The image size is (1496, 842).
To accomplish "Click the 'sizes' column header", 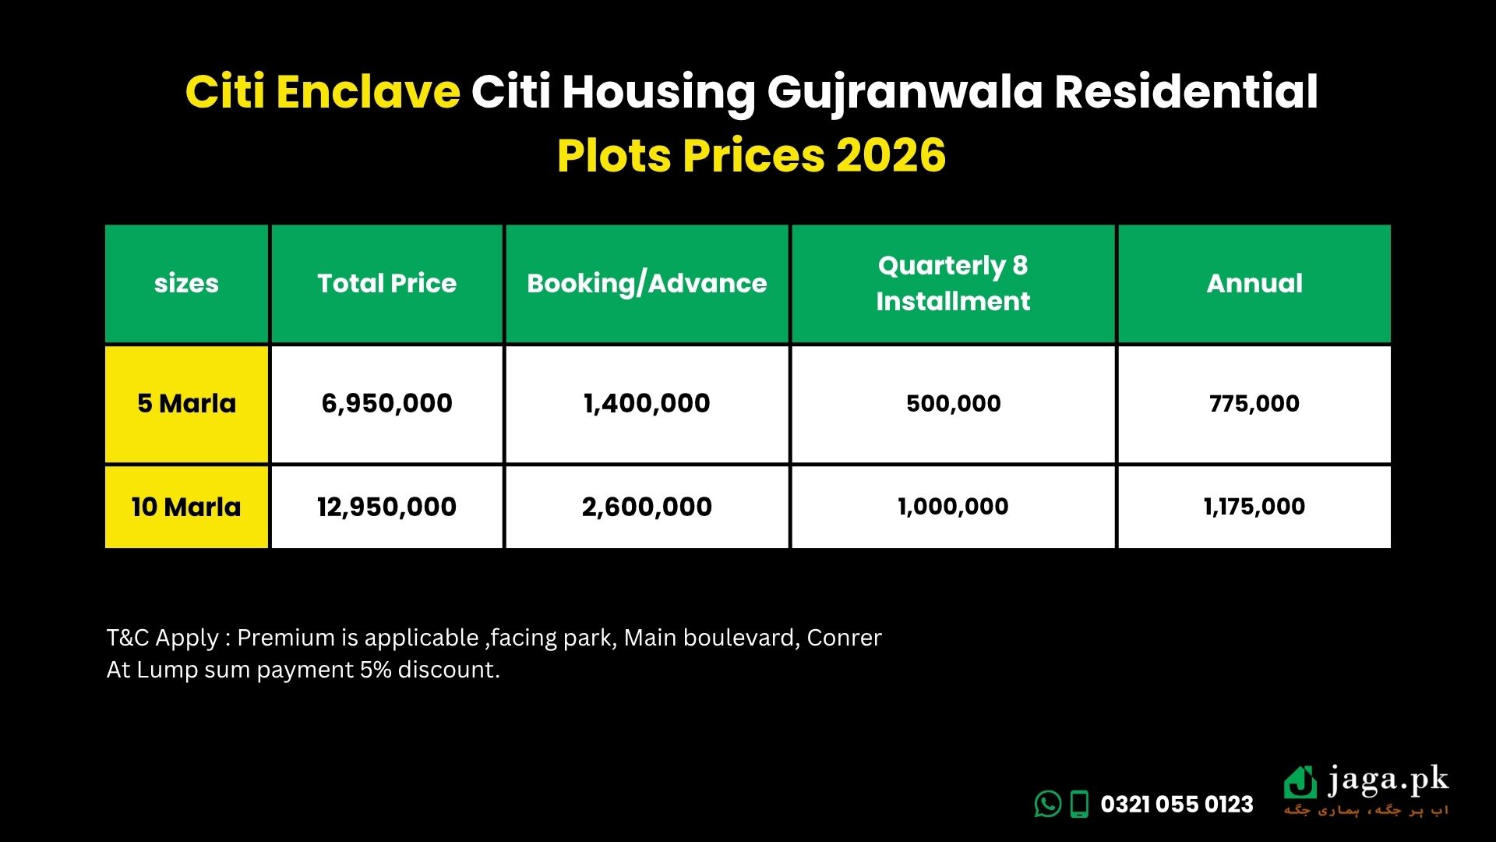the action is [x=186, y=283].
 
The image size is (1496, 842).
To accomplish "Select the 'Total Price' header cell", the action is [x=386, y=283].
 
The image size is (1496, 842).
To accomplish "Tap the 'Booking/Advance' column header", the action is [x=647, y=284].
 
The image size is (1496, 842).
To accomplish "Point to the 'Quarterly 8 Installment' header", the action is [x=953, y=283].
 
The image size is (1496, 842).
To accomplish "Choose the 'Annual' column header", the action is [x=1254, y=283].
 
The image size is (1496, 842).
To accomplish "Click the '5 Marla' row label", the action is [x=186, y=403].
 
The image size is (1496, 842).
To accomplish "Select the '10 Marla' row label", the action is [x=186, y=507].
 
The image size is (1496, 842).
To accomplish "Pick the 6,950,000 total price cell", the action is [x=386, y=403].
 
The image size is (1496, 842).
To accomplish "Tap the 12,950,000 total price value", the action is [x=386, y=507].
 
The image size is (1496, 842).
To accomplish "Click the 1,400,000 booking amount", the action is [x=647, y=403].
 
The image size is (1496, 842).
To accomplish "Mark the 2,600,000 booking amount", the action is [x=647, y=507].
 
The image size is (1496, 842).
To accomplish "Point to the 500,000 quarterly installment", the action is [x=953, y=403].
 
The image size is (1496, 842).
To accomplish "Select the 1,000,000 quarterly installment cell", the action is [x=953, y=507].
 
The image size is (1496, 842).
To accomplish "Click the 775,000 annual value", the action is [x=1254, y=403].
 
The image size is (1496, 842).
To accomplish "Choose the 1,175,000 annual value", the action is [x=1254, y=507].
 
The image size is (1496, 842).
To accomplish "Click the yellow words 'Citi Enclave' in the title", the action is [x=323, y=92].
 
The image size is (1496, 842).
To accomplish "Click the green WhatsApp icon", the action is [x=1048, y=804].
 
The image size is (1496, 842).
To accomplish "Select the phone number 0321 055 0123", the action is [x=1177, y=804].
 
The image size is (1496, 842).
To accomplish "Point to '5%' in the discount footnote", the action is [x=376, y=670].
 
